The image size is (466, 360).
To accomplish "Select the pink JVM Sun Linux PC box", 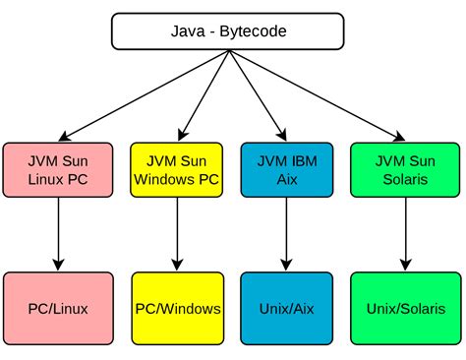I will pos(58,169).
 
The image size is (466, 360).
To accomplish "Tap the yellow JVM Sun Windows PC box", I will pos(177,169).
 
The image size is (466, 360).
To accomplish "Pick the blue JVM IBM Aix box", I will pos(285,169).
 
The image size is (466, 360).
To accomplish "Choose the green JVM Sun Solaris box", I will pos(403,169).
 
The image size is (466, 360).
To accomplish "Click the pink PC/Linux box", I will pos(58,308).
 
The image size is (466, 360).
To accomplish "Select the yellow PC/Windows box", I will pos(177,308).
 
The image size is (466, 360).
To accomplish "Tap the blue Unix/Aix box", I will pos(285,308).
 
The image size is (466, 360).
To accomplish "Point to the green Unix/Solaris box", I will pos(403,308).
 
